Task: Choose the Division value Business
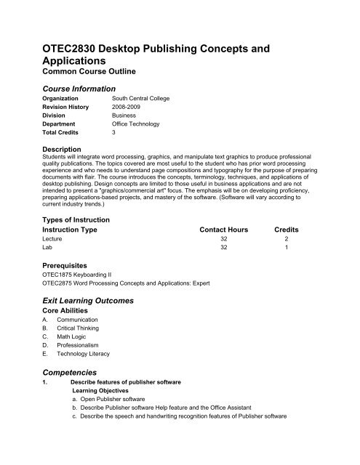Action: pos(125,124)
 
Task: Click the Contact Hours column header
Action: pos(223,230)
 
